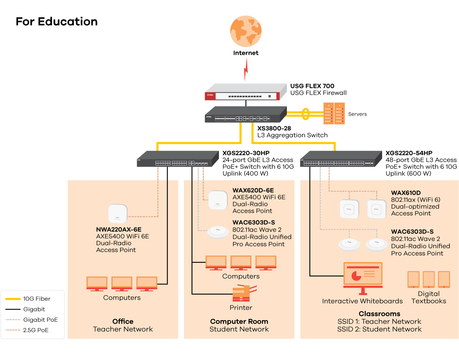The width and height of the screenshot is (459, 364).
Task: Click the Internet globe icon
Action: (246, 31)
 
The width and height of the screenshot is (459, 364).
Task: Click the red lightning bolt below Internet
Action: (246, 69)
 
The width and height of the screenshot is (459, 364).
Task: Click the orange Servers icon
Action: (334, 113)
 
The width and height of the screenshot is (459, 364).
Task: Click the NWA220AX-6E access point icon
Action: (118, 213)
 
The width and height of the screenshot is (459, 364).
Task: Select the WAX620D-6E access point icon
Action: (218, 200)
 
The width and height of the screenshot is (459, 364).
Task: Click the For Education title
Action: (57, 22)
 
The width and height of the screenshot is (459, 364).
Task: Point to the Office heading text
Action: (123, 322)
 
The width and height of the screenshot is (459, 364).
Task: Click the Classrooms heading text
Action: (380, 314)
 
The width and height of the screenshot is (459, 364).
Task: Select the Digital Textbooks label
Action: (429, 298)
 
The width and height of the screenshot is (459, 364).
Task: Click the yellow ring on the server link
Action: (306, 114)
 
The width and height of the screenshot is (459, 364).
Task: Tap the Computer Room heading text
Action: (239, 322)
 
